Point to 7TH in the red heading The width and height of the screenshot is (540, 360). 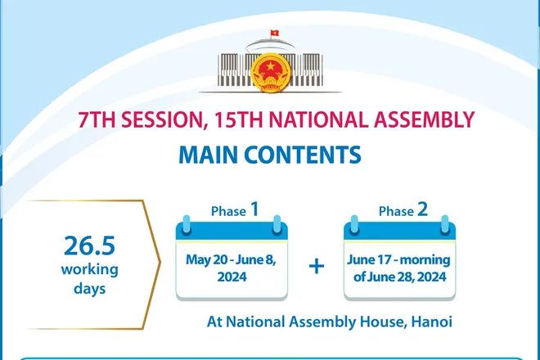(97, 122)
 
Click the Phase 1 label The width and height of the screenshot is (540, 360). (236, 210)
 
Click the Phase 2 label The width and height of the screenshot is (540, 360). (403, 210)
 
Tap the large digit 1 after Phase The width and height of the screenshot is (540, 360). (254, 209)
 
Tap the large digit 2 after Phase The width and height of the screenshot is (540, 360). (422, 209)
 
